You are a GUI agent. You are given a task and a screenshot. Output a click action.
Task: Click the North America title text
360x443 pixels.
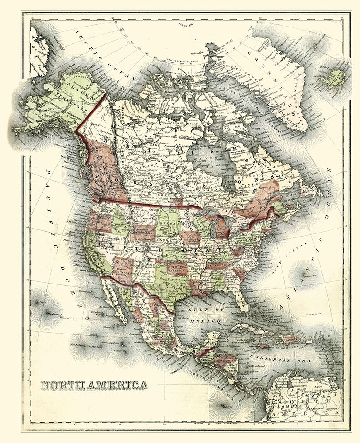(x=94, y=384)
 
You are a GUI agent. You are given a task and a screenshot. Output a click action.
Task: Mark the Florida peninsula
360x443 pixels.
(x=241, y=302)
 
